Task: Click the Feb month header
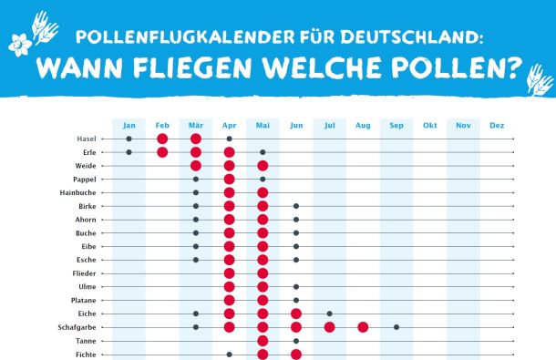[x=162, y=125]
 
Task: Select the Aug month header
[x=363, y=125]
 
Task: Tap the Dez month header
[x=497, y=125]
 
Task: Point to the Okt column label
[x=430, y=125]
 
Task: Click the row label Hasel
[x=87, y=139]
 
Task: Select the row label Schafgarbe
[x=77, y=327]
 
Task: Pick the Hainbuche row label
[x=78, y=192]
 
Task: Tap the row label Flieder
[x=84, y=273]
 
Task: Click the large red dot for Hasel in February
[x=162, y=139]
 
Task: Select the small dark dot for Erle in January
[x=129, y=152]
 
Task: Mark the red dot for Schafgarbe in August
[x=363, y=327]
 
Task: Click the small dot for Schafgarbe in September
[x=396, y=327]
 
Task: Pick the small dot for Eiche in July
[x=329, y=314]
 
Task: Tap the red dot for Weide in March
[x=196, y=166]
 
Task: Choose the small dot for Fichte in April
[x=229, y=355]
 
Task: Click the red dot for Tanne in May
[x=263, y=341]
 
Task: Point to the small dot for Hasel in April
[x=229, y=139]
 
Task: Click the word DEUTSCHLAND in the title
[x=411, y=36]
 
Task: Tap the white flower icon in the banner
[x=20, y=45]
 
